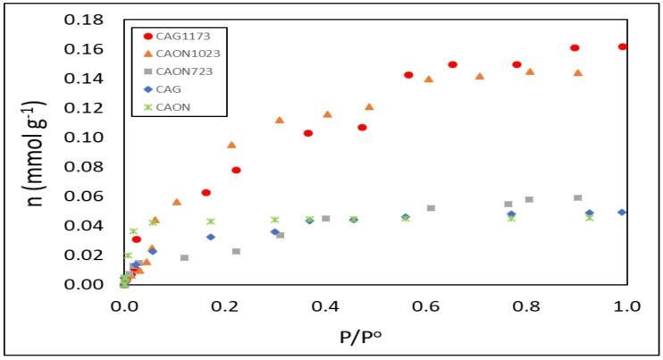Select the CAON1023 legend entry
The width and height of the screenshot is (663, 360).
point(179,54)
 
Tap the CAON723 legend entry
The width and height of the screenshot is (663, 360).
point(177,71)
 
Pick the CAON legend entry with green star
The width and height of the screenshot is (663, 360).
point(168,107)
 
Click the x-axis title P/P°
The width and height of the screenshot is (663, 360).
point(375,338)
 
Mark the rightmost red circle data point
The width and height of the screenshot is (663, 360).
point(623,46)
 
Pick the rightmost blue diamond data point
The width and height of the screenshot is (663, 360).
point(622,213)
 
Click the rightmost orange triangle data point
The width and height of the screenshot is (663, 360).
point(578,73)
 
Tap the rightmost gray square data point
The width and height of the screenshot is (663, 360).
point(578,198)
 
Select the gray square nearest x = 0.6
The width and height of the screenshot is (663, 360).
point(432,208)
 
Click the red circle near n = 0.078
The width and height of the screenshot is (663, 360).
point(236,170)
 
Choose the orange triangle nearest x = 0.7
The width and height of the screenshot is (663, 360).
point(480,77)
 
